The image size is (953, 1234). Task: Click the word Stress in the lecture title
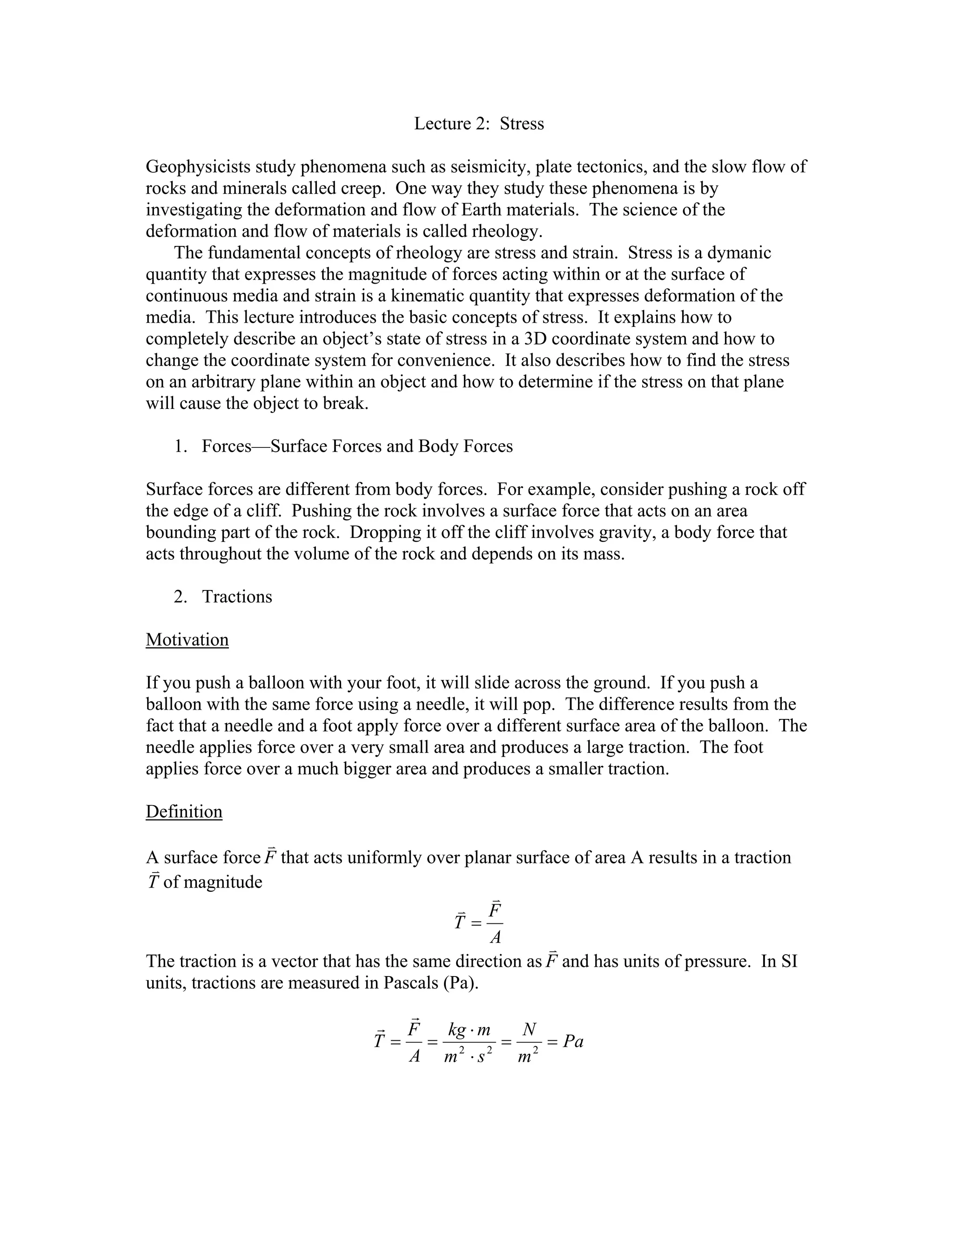click(522, 124)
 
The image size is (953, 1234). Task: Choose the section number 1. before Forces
click(180, 447)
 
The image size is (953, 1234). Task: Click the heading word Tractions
click(237, 597)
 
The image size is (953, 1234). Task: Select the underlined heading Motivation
click(187, 640)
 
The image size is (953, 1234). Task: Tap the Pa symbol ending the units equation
click(573, 1041)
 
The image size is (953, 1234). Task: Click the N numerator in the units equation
click(529, 1030)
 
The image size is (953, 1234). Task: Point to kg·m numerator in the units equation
click(469, 1030)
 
